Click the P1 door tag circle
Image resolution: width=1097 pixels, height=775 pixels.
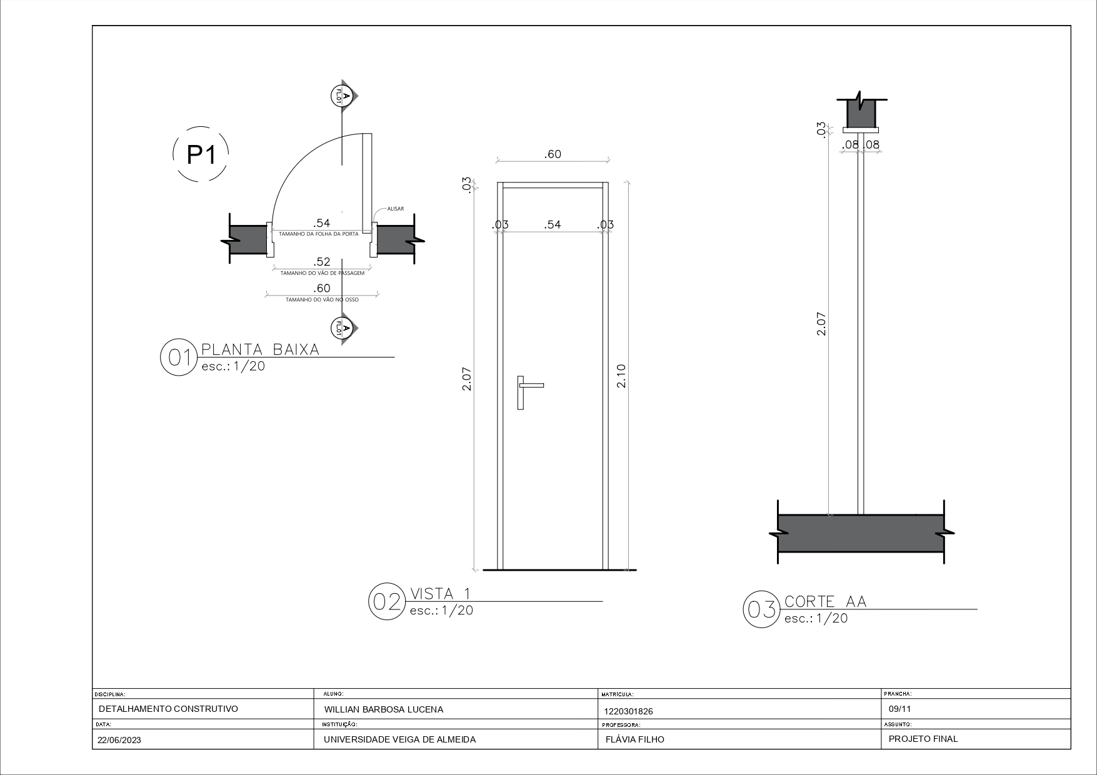coord(201,154)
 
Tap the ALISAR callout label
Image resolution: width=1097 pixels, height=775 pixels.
coord(395,209)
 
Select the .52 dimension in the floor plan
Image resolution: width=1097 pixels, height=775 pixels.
coord(321,262)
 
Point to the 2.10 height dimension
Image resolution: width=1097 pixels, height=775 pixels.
coord(621,376)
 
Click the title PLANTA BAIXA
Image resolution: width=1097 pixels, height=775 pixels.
coord(260,349)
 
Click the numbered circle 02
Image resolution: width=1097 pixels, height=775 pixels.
coord(386,601)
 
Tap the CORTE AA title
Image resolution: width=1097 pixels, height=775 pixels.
coord(825,601)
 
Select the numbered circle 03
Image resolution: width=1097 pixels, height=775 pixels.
coord(761,609)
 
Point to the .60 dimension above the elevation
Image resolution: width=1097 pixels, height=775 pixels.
coord(553,154)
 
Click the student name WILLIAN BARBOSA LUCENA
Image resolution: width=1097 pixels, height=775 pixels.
coord(383,709)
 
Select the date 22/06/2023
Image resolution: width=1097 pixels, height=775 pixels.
coord(119,740)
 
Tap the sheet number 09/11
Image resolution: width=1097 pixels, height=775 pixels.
coord(899,709)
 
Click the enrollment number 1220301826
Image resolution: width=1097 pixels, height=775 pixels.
coord(628,711)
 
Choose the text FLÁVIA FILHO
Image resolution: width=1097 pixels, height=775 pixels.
coord(634,739)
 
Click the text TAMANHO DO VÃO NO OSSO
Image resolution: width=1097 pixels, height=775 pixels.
coord(322,300)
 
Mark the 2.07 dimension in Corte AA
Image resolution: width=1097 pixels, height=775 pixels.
coord(821,324)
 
